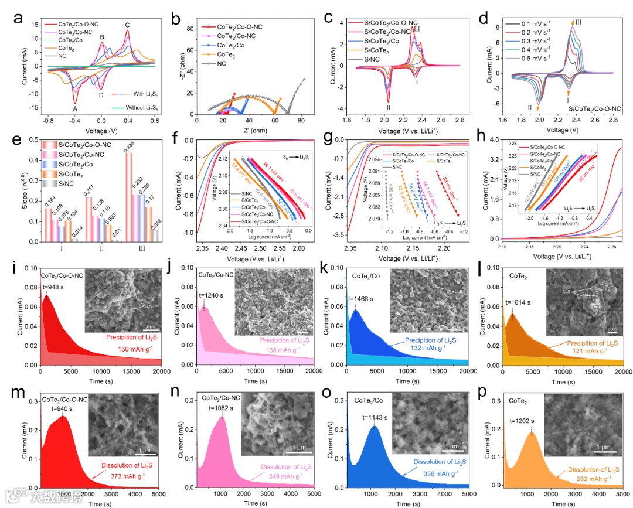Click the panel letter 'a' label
[18, 18]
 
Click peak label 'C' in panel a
[127, 25]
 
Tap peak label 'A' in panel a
[74, 108]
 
